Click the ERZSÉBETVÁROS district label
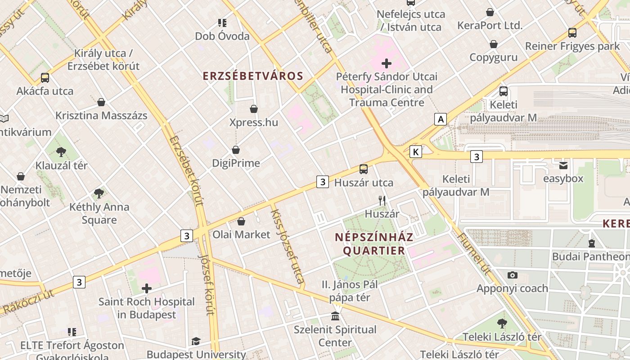[x=253, y=76]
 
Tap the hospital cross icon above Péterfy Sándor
[x=387, y=63]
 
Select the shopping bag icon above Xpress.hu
[x=254, y=109]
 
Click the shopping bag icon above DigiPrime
[x=236, y=150]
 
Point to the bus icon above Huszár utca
[x=364, y=169]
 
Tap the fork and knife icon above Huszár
[x=382, y=200]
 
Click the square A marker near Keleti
[x=441, y=119]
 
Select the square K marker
[x=416, y=152]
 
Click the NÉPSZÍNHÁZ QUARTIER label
[x=374, y=243]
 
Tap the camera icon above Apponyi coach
[x=512, y=275]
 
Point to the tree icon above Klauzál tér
[x=62, y=152]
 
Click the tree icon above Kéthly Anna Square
[x=99, y=193]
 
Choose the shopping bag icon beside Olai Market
[x=241, y=221]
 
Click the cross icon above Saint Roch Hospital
[x=147, y=288]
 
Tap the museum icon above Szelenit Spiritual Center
[x=335, y=316]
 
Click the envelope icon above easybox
[x=563, y=165]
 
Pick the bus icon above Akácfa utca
[x=45, y=78]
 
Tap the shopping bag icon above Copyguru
[x=494, y=44]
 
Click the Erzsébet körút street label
[x=187, y=171]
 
